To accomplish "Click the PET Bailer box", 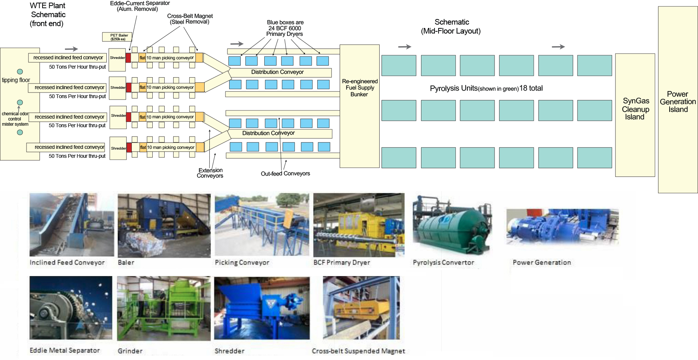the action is tap(117, 37).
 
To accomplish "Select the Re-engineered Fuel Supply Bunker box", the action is tap(359, 106).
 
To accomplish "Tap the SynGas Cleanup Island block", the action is tap(635, 115).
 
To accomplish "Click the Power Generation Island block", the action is tap(678, 100).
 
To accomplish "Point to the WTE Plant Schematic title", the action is tap(48, 15).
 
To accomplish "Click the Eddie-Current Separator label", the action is tap(140, 6).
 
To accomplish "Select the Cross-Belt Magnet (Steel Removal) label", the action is tap(190, 19).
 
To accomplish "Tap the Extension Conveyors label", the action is tap(210, 173).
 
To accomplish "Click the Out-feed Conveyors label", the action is tap(285, 173).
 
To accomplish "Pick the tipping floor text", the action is tap(16, 80).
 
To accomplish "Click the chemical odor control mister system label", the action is tap(15, 119).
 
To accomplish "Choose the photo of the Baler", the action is tap(164, 225).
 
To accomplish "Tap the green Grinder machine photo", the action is tap(164, 308).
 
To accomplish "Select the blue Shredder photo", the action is tap(262, 308).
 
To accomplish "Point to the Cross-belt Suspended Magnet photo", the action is tap(361, 308).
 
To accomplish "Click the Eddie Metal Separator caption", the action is tap(65, 350).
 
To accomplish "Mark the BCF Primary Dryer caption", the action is tap(342, 263).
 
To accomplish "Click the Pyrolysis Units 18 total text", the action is tap(486, 88).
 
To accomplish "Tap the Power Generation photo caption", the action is tap(542, 263).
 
